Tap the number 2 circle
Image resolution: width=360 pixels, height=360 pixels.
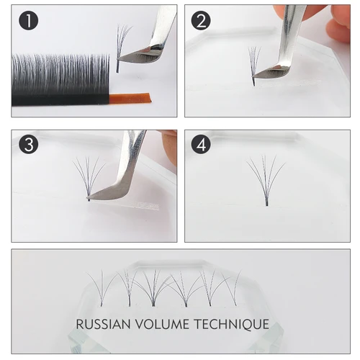tap(202, 21)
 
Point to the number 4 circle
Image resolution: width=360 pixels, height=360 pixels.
tap(202, 145)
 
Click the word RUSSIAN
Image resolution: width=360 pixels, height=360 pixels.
tap(111, 324)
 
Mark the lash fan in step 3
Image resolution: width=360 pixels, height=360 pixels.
tap(89, 176)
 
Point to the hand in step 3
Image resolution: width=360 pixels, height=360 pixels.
tap(169, 144)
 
